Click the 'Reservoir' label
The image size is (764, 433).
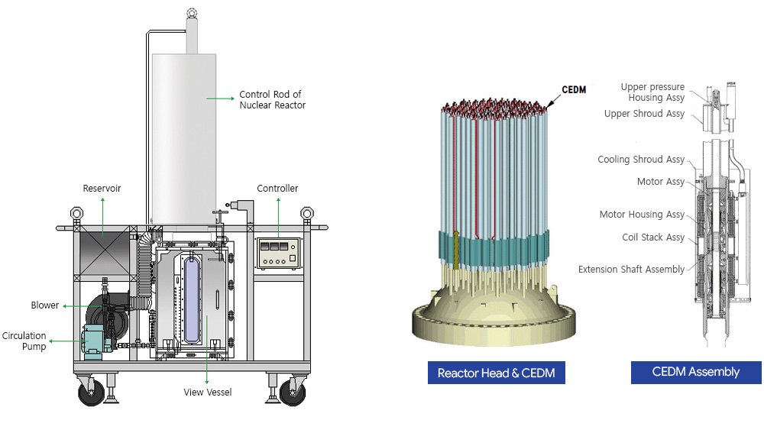coord(102,188)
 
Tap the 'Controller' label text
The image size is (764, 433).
coord(277,188)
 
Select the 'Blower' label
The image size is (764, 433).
coord(45,305)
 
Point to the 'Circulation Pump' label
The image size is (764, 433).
coord(24,341)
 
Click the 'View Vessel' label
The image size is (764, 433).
coord(206,392)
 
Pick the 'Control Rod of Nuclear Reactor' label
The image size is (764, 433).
coord(272,99)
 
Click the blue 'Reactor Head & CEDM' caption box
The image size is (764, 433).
coord(496,373)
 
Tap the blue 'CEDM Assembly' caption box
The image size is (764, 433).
coord(695,372)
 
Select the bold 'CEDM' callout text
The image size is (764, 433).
coord(573,89)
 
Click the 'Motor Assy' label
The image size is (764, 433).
coord(661,182)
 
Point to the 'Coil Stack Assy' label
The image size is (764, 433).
coord(653,238)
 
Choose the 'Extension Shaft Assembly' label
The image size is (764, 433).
coord(631,269)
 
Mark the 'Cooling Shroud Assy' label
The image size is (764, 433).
coord(641,160)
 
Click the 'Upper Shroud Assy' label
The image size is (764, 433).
coord(644,114)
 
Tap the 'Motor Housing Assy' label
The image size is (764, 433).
coord(642,215)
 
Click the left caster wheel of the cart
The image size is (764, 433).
coord(89,393)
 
